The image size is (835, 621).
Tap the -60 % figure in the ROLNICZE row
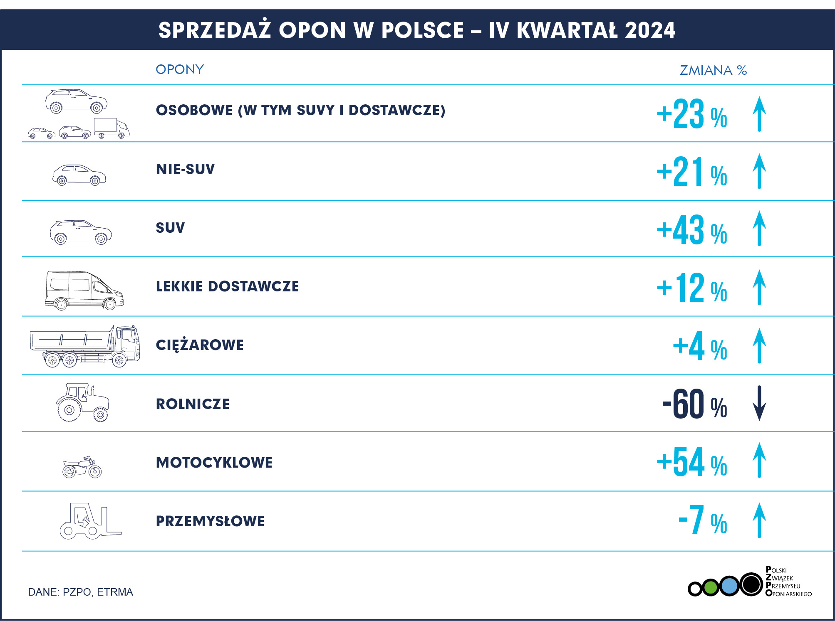[694, 404]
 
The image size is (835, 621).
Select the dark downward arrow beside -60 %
[759, 403]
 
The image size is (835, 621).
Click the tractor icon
[82, 402]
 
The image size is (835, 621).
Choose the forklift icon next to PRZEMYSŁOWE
[90, 521]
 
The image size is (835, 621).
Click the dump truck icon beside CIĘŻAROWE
[85, 346]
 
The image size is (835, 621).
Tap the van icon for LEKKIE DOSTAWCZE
[84, 290]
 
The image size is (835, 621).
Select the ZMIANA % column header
[713, 70]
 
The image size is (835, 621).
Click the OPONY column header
[180, 69]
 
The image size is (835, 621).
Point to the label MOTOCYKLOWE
[214, 463]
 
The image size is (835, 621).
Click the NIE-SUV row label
[185, 169]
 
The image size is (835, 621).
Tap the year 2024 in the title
[650, 30]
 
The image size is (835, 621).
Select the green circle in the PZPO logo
[711, 587]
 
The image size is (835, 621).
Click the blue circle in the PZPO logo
[729, 586]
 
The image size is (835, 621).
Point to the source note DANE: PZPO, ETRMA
[80, 592]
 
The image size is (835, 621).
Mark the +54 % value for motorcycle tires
[691, 462]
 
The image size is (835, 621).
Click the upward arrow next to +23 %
[759, 114]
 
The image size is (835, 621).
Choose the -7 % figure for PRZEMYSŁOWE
[702, 520]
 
